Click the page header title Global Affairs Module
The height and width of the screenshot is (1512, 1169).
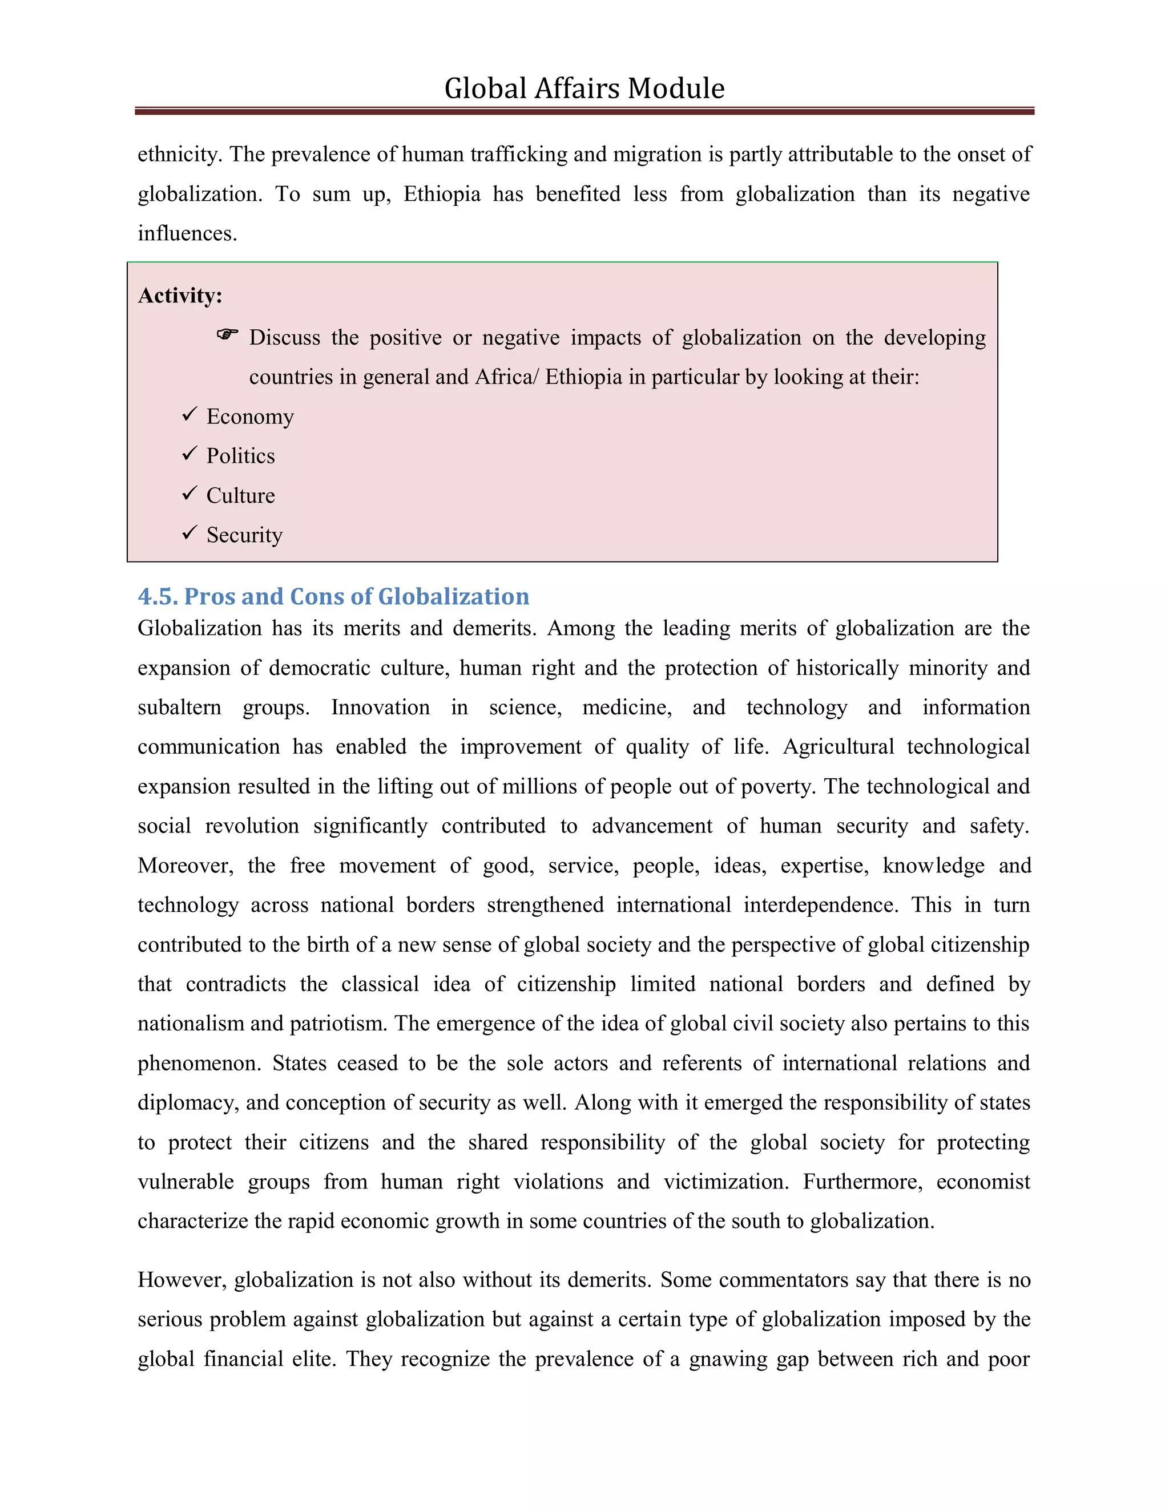coord(584,88)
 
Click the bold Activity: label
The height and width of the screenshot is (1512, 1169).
coord(180,296)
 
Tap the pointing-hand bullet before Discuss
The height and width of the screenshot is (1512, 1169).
coord(227,335)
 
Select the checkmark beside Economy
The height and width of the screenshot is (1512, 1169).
coord(190,415)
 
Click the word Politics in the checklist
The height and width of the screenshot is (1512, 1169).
coord(240,455)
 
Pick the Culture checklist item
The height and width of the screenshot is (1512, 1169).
coord(240,496)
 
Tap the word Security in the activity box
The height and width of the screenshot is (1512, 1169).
coord(244,535)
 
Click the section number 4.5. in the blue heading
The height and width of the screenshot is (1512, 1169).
coord(158,596)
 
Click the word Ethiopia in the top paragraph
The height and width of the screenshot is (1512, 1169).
coord(442,194)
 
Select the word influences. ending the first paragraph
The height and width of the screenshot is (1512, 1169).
coord(187,233)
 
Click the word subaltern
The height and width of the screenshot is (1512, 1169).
coord(179,708)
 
